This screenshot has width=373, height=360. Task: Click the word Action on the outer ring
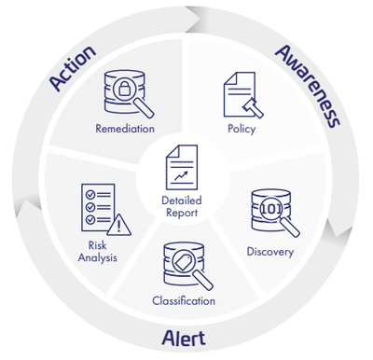tap(74, 67)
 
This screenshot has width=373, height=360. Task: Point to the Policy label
tap(241, 128)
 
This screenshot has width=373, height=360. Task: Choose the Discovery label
tap(269, 251)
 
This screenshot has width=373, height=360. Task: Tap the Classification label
tap(184, 300)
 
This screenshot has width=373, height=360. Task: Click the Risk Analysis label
tap(97, 252)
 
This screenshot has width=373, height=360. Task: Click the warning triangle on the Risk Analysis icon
tap(119, 224)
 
